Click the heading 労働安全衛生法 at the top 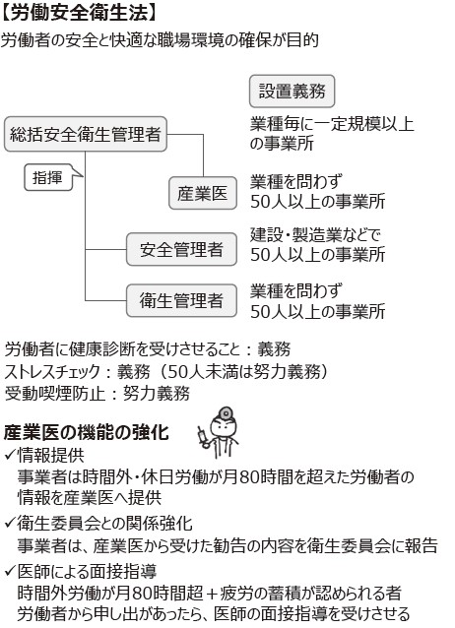pos(79,12)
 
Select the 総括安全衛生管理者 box pos(86,134)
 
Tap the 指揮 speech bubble pos(50,177)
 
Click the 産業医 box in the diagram pos(203,193)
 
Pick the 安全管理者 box pos(181,249)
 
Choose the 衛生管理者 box pos(181,300)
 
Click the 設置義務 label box pos(292,91)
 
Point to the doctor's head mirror pos(226,413)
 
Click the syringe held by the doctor pos(203,437)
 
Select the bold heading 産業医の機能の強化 pos(87,432)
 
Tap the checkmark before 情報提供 pos(10,455)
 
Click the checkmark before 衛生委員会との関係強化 pos(10,523)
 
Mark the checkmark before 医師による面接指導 pos(10,571)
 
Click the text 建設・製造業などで pos(315,235)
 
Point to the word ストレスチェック pos(52,372)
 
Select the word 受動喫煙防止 pos(54,394)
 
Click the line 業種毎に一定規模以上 pos(332,124)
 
